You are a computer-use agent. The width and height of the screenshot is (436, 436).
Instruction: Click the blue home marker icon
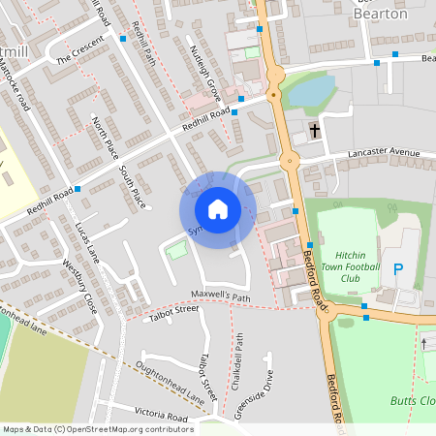click(217, 209)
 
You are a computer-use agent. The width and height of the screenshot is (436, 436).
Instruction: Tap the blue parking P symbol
click(397, 268)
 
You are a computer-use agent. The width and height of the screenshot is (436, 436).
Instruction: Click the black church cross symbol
click(314, 130)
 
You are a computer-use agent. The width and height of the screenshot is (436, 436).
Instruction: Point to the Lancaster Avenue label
click(384, 152)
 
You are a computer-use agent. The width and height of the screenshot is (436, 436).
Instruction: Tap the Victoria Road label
click(163, 417)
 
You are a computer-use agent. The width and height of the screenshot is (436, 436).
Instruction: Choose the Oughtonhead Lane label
click(171, 381)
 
